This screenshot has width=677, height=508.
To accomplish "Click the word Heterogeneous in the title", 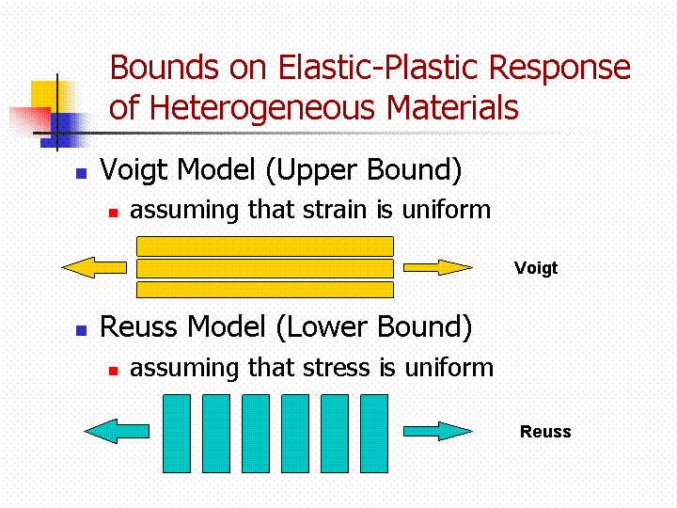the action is (263, 108).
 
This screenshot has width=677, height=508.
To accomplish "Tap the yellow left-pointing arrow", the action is (94, 267).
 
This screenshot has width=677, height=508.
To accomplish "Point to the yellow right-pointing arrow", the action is (438, 267).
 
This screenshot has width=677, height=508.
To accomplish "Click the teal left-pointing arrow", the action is (117, 431).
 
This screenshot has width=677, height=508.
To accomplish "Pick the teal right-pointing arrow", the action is (438, 431).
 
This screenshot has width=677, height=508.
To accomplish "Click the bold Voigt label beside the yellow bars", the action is (536, 268).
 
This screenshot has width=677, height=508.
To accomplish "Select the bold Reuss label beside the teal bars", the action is (545, 432).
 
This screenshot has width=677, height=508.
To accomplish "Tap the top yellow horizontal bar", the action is (265, 246).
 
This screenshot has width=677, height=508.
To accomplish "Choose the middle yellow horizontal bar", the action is (265, 268).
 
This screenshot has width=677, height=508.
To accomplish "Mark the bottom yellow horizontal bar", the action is (265, 290).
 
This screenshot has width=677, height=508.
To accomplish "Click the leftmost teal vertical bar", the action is (177, 434).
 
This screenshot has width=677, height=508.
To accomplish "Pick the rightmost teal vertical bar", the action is (374, 434).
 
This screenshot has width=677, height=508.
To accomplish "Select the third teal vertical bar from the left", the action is (256, 434).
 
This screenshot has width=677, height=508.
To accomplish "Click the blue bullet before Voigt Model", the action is (81, 173).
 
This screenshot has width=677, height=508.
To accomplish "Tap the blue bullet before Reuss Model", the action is (81, 330).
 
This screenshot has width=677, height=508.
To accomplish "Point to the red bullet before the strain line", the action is (113, 213).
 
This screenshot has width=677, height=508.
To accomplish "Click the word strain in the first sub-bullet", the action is (335, 210).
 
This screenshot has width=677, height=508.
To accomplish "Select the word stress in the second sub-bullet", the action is (337, 368).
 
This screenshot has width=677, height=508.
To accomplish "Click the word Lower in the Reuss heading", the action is (327, 326).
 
